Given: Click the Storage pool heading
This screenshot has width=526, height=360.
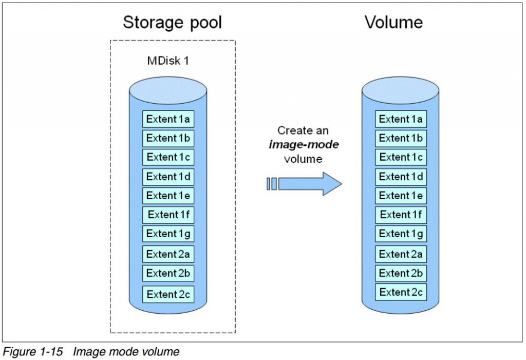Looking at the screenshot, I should (x=173, y=23).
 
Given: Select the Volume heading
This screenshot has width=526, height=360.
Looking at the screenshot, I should (x=394, y=22).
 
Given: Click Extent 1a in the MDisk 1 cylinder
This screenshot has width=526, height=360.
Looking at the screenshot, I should (x=168, y=119).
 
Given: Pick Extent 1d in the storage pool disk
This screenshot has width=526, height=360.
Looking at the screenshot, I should (x=168, y=177).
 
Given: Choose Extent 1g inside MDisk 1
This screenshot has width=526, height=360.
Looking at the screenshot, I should (x=168, y=234).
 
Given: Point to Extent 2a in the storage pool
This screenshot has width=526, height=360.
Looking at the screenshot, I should (x=168, y=254).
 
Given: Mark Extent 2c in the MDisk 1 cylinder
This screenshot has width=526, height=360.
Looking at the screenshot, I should (x=168, y=294).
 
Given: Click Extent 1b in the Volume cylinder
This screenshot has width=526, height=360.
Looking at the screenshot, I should (x=401, y=138).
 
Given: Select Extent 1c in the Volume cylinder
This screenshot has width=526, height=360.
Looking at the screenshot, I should (x=401, y=157).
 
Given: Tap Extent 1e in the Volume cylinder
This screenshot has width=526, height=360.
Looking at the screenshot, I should (x=401, y=196).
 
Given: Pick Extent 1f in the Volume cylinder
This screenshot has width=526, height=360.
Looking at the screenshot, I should (x=401, y=215).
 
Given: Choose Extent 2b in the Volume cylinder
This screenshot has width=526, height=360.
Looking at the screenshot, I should (x=401, y=273).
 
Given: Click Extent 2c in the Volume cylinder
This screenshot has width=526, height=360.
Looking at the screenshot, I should (x=401, y=292).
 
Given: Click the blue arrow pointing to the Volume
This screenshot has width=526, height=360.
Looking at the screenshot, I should (x=308, y=183).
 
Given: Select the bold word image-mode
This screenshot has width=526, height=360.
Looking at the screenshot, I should (x=304, y=145).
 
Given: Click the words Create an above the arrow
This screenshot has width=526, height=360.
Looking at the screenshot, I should (x=303, y=130).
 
